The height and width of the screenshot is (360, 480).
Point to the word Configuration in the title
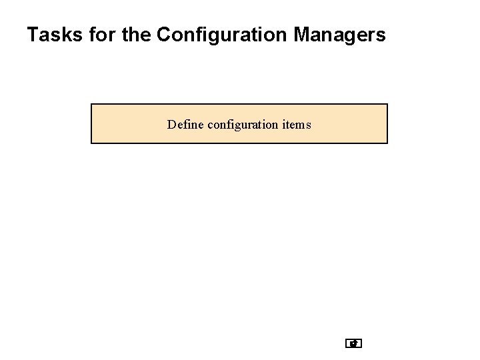[x=219, y=35]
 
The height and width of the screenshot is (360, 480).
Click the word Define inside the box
[x=186, y=124]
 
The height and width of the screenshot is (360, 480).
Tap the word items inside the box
[x=297, y=124]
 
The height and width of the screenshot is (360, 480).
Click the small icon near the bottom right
[x=354, y=344]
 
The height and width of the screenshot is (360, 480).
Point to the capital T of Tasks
[x=33, y=35]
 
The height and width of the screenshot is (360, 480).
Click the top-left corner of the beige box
[x=91, y=104]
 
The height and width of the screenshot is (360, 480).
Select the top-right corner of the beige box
[x=387, y=104]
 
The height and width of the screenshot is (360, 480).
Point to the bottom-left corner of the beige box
[x=91, y=143]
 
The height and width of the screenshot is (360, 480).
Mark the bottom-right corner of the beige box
[x=387, y=143]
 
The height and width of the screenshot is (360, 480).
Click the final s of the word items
[x=307, y=125]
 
